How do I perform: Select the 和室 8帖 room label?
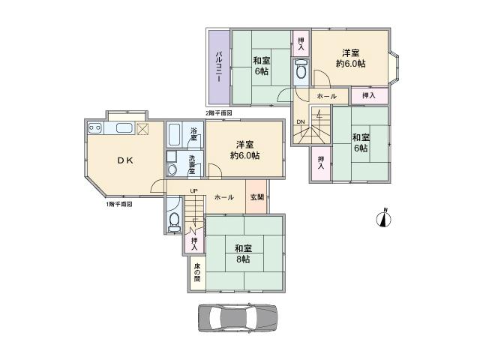pyautogui.click(x=242, y=254)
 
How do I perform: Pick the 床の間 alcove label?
pyautogui.click(x=196, y=273)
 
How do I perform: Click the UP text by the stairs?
pyautogui.click(x=193, y=191)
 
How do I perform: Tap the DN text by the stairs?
pyautogui.click(x=300, y=121)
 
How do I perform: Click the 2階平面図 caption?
pyautogui.click(x=218, y=113)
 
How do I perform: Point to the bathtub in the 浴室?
pyautogui.click(x=174, y=136)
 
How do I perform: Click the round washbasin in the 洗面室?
pyautogui.click(x=172, y=169)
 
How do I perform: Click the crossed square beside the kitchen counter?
pyautogui.click(x=142, y=129)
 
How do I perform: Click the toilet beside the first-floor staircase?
pyautogui.click(x=174, y=220)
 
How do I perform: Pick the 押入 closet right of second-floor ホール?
pyautogui.click(x=369, y=96)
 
